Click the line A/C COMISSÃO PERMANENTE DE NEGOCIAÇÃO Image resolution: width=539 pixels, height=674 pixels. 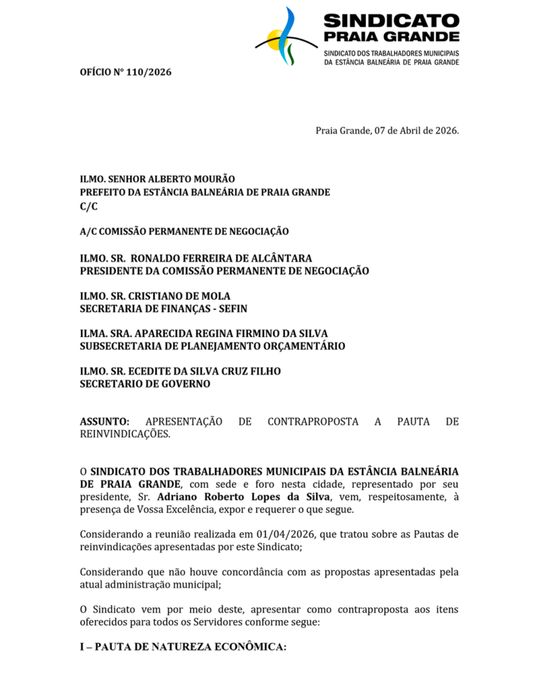(x=184, y=231)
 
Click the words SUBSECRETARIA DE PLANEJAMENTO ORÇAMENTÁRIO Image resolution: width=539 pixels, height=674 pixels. (x=212, y=346)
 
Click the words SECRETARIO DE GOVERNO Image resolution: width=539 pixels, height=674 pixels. (x=145, y=384)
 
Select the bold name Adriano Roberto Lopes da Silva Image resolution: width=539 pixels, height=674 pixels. (x=244, y=497)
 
